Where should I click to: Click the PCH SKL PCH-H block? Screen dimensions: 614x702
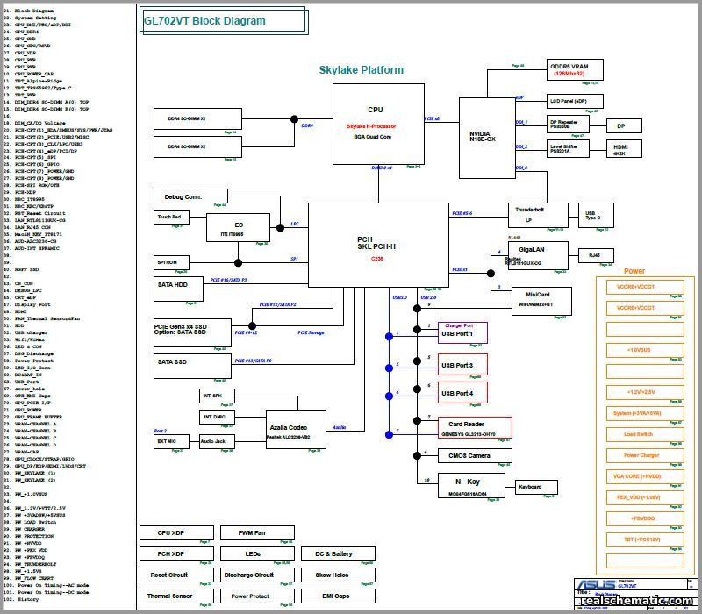point(377,245)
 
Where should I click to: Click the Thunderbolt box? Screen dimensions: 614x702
point(533,214)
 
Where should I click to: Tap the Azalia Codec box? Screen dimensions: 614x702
point(289,430)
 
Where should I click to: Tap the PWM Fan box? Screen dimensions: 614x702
point(254,532)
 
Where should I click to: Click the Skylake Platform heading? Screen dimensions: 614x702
point(361,70)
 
